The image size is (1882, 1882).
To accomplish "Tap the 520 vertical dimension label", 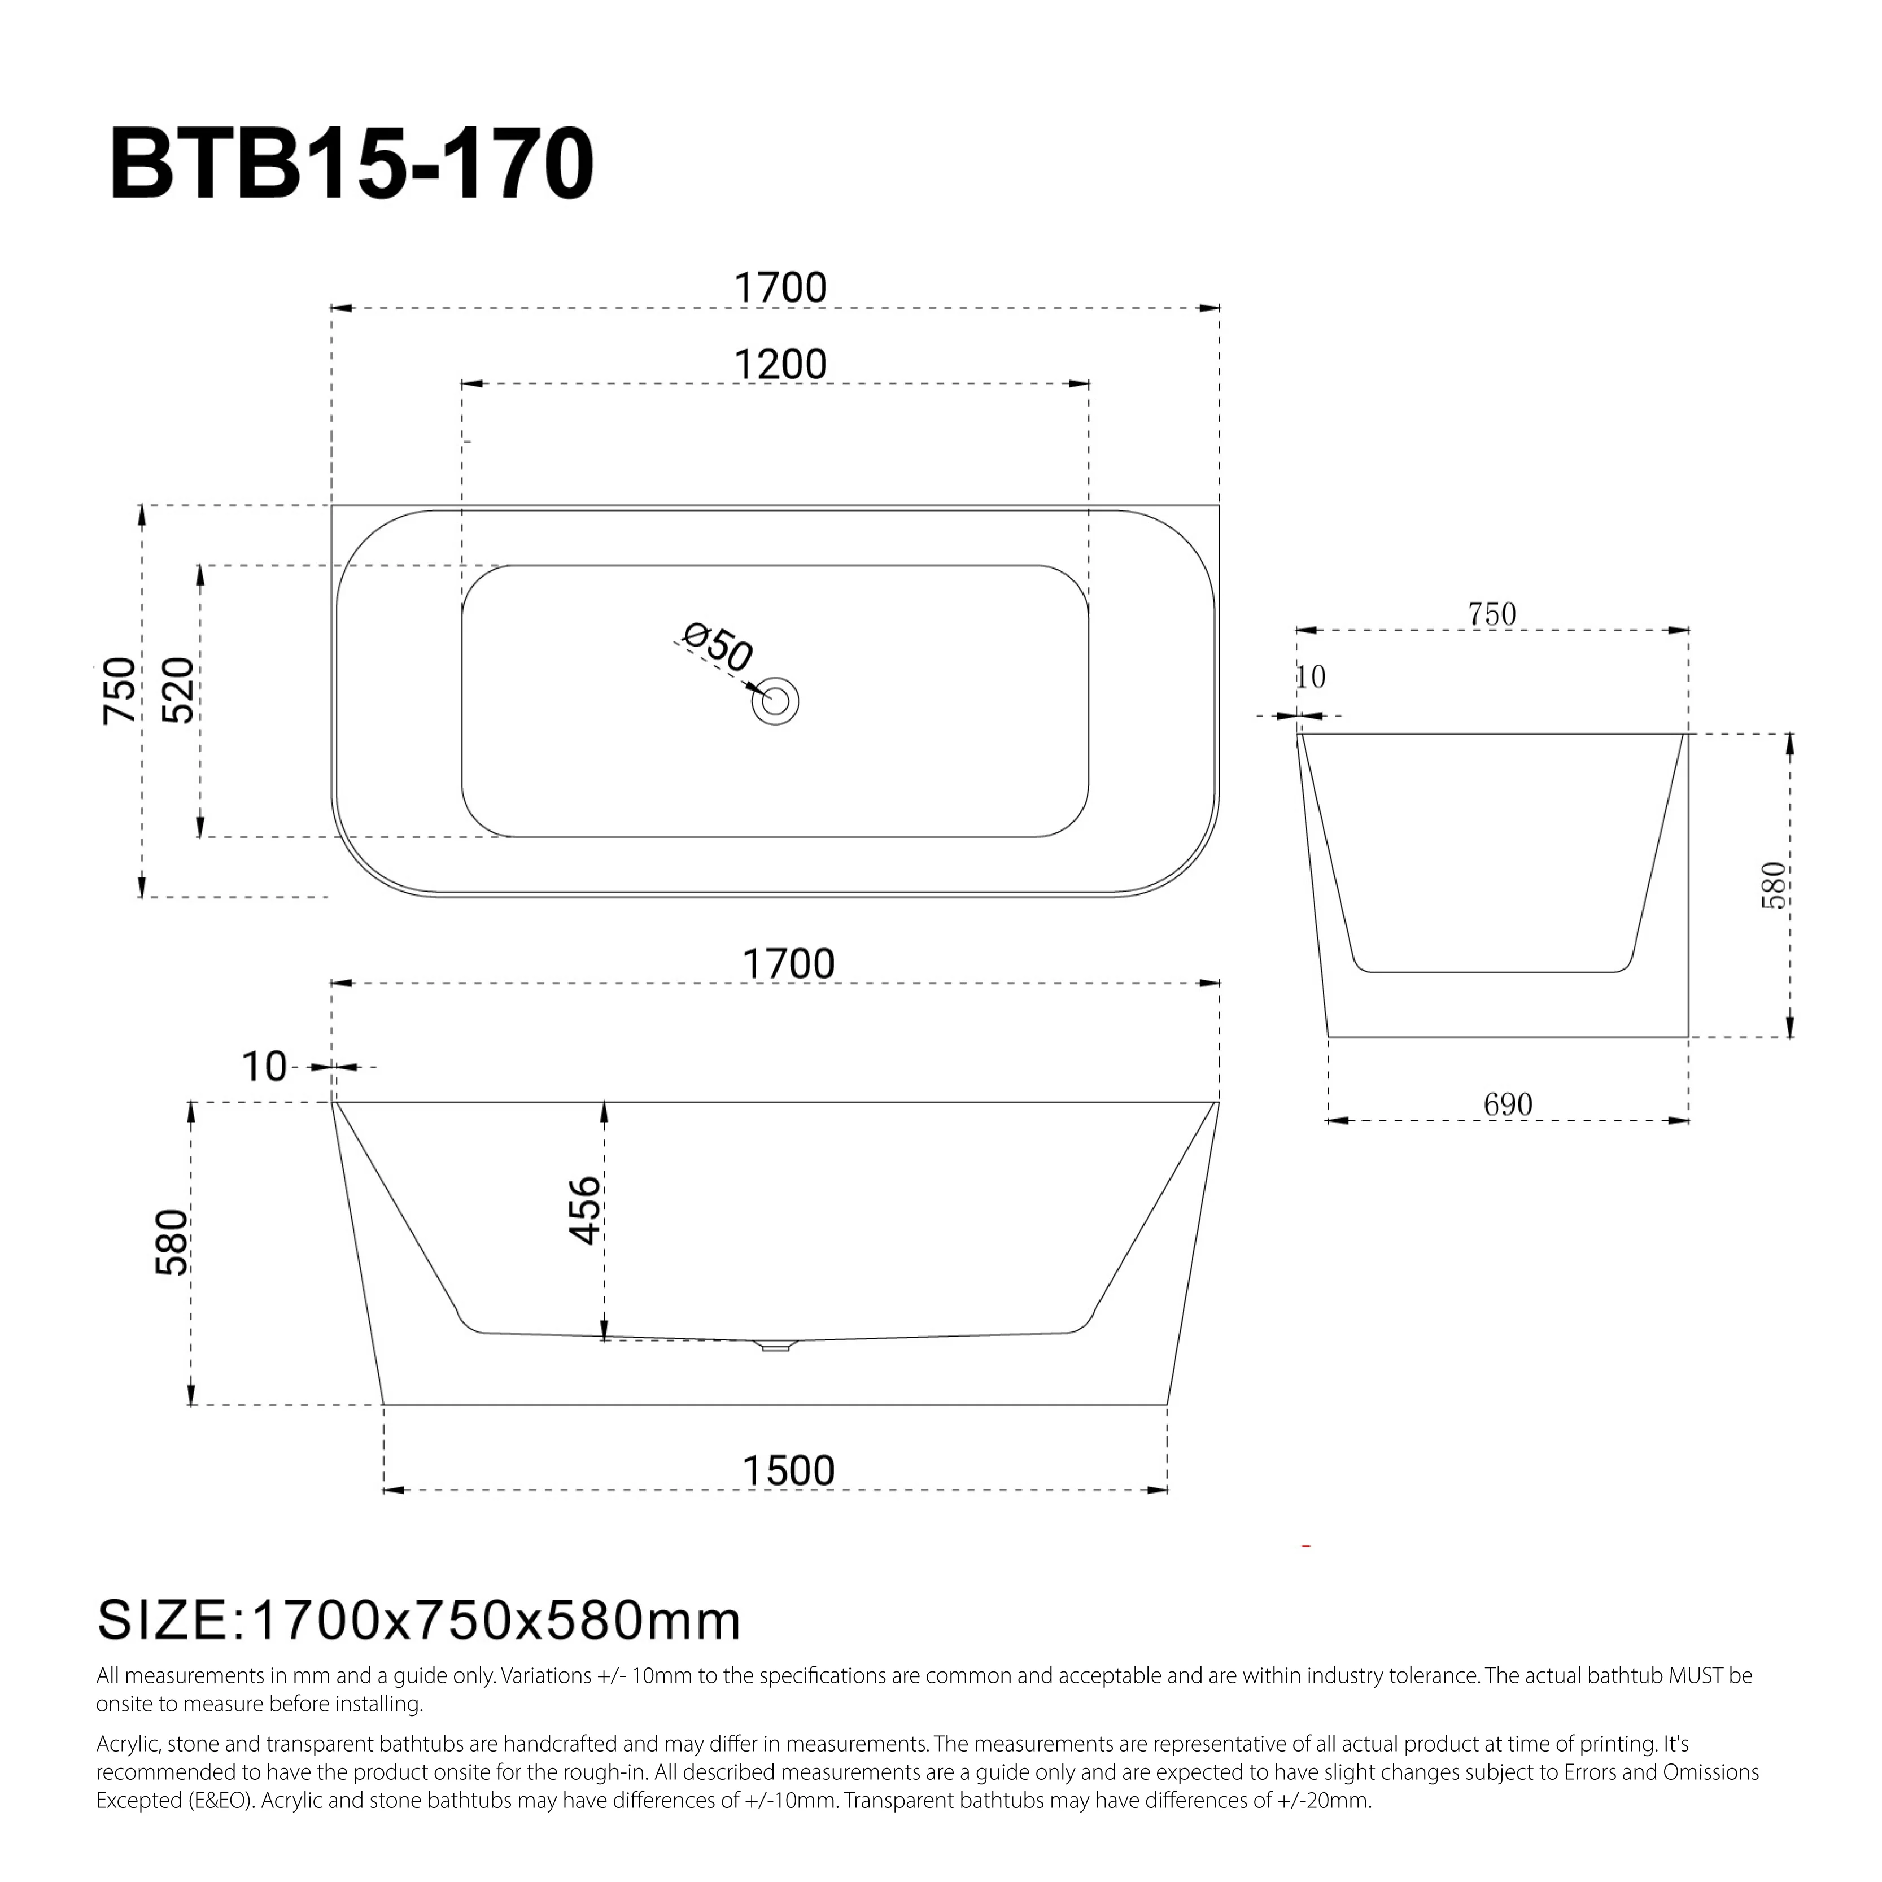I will [178, 689].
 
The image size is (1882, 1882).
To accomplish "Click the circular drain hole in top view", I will [775, 701].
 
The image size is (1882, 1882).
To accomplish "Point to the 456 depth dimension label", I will [584, 1210].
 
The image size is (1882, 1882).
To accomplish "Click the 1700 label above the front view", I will [788, 964].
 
